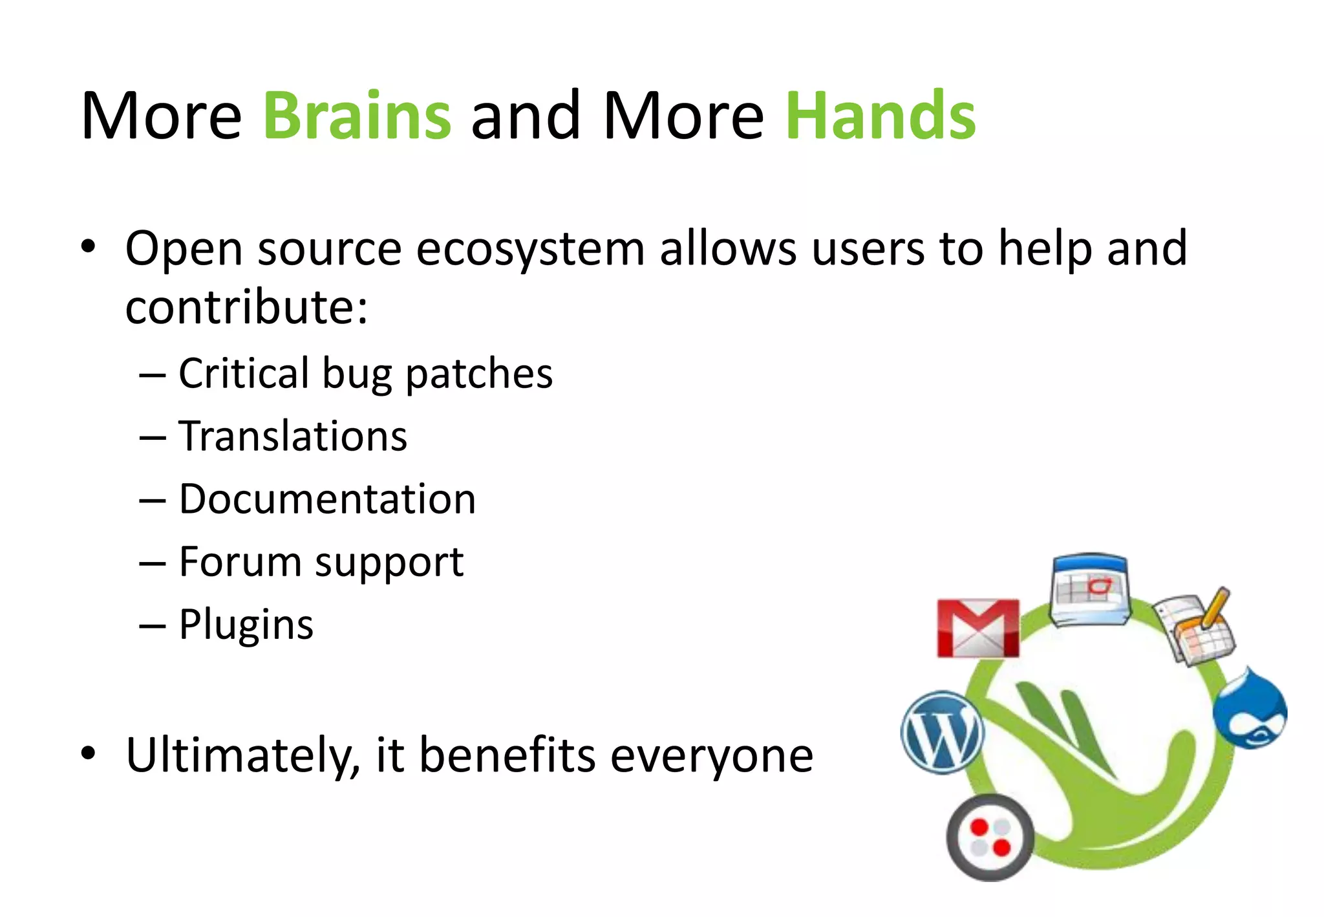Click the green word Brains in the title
pyautogui.click(x=357, y=116)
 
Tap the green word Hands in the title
pyautogui.click(x=881, y=116)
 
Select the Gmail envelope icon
pyautogui.click(x=978, y=628)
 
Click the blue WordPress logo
pyautogui.click(x=943, y=731)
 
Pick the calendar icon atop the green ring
pyautogui.click(x=1090, y=589)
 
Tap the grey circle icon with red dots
pyautogui.click(x=990, y=837)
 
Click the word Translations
pyautogui.click(x=293, y=436)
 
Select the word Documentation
pyautogui.click(x=327, y=499)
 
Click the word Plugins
pyautogui.click(x=246, y=625)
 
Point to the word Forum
pyautogui.click(x=240, y=561)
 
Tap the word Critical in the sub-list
pyautogui.click(x=244, y=373)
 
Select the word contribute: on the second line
pyautogui.click(x=246, y=307)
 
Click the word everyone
pyautogui.click(x=711, y=756)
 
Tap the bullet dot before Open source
pyautogui.click(x=89, y=246)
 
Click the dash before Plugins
pyautogui.click(x=153, y=625)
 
